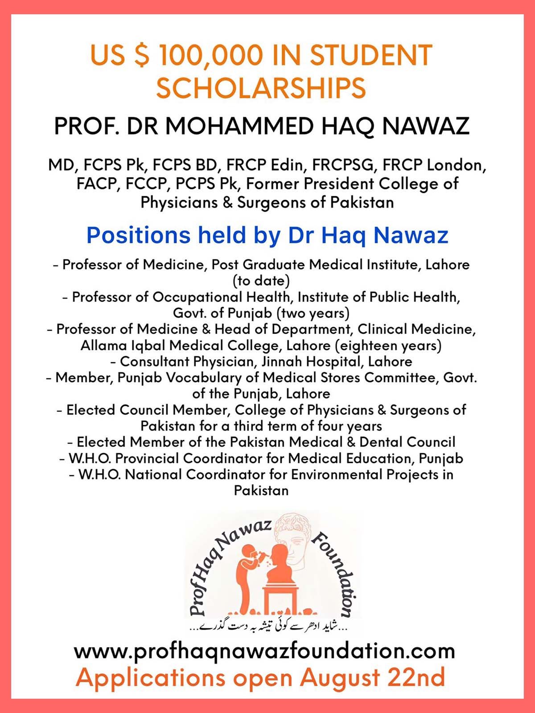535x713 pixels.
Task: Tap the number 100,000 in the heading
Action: coord(210,56)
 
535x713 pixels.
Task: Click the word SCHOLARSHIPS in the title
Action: coord(261,88)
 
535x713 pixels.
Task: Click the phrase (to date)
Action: coord(261,281)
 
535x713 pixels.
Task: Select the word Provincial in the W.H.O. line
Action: coord(148,458)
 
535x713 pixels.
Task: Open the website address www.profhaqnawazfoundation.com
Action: coord(264,651)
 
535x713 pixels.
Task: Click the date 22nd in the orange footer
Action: coord(416,677)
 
